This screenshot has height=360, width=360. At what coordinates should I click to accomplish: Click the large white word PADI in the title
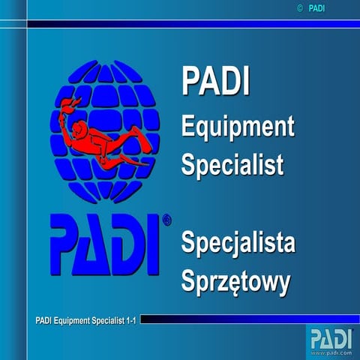click(x=217, y=82)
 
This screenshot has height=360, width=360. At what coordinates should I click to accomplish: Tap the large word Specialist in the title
click(x=232, y=163)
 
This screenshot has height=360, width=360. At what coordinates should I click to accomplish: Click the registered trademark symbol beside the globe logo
click(x=166, y=220)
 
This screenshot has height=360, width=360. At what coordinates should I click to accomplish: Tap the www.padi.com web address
click(x=330, y=350)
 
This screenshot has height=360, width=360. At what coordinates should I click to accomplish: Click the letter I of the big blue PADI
click(x=153, y=241)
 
